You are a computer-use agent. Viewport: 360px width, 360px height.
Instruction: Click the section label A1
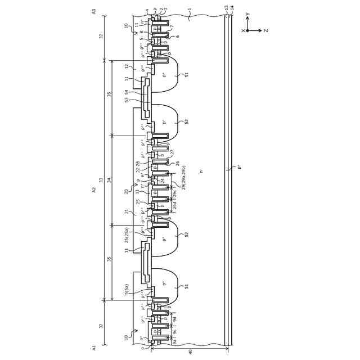[94, 348]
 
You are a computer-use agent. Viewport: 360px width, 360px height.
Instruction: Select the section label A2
[94, 190]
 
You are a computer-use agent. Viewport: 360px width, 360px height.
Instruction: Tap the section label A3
[94, 11]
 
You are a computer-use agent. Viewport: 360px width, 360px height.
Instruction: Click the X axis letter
[243, 31]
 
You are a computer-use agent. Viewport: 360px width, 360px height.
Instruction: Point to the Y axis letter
[247, 15]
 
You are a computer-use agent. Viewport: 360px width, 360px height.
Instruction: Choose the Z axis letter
[265, 31]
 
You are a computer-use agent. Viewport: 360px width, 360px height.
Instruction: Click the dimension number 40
[190, 352]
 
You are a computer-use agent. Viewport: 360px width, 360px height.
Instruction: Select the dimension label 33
[101, 180]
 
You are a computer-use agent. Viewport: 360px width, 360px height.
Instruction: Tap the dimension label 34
[109, 180]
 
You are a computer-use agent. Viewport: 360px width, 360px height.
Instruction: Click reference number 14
[232, 8]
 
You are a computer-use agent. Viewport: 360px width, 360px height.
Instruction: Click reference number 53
[127, 100]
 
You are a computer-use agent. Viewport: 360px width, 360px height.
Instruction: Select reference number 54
[127, 92]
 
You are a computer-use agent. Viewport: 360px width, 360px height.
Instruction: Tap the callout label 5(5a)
[127, 289]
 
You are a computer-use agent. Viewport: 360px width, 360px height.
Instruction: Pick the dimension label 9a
[175, 341]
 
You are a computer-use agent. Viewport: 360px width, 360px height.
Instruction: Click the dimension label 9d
[175, 319]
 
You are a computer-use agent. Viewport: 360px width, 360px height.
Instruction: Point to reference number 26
[177, 163]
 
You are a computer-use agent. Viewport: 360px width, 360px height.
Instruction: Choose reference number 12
[127, 66]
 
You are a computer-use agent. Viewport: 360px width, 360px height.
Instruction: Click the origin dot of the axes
[247, 31]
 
